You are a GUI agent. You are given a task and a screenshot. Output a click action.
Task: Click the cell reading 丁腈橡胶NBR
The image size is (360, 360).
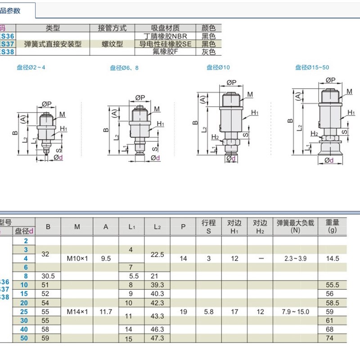tap(165, 36)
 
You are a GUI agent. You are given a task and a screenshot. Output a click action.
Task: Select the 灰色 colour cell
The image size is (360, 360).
tap(208, 52)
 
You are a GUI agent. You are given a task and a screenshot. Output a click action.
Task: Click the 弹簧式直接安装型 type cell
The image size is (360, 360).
tap(53, 44)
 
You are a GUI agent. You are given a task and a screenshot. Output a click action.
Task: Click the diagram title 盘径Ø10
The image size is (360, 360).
tap(218, 67)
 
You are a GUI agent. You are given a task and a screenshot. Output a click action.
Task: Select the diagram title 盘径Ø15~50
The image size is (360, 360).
tap(312, 67)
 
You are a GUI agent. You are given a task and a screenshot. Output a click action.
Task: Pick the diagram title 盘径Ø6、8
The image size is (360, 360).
tap(124, 68)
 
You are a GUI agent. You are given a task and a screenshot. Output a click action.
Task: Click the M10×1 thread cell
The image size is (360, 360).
tap(77, 259)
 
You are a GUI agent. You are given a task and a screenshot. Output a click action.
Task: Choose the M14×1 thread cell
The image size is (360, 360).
tap(77, 311)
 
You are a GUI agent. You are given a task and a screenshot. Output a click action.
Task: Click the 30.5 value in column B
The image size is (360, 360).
tap(48, 276)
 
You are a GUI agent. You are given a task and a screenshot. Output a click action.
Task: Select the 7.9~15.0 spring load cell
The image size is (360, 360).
tap(295, 311)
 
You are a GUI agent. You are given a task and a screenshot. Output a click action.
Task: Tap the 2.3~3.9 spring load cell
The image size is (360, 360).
tap(295, 259)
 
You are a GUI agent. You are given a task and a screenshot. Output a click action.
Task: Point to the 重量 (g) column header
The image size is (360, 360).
tap(332, 226)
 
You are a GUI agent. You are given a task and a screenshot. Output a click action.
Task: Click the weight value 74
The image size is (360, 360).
tap(332, 338)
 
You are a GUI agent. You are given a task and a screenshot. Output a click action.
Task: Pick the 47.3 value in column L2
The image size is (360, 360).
tap(157, 338)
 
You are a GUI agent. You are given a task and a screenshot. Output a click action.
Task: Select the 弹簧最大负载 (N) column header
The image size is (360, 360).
tap(295, 226)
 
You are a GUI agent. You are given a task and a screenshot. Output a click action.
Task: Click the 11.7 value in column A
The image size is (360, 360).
tap(106, 311)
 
